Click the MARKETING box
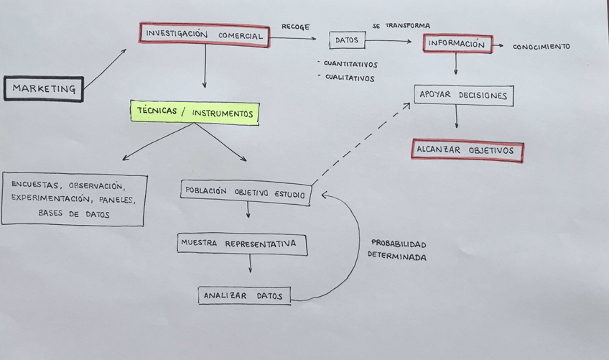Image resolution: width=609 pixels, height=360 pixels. (x=44, y=89)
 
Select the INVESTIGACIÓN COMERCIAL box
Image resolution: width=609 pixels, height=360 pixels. (x=204, y=34)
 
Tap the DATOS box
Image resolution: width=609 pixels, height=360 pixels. (x=347, y=41)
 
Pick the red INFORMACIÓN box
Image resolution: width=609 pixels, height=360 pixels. (x=457, y=44)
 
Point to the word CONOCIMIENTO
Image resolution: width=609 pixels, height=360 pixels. (x=541, y=47)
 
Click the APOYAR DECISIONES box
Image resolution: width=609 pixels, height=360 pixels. (x=464, y=96)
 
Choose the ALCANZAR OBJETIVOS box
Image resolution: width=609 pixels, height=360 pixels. (x=467, y=151)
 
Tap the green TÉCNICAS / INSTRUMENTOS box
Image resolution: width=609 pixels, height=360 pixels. (x=194, y=114)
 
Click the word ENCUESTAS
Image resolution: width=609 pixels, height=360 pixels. (x=34, y=185)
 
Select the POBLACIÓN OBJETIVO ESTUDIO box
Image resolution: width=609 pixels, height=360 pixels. (x=246, y=193)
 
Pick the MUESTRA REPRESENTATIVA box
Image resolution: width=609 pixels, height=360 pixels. (x=242, y=244)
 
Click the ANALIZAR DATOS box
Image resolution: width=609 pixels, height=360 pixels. (x=244, y=295)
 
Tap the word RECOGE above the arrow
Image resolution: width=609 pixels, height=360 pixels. (x=295, y=27)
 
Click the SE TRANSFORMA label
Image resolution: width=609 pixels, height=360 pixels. (x=401, y=26)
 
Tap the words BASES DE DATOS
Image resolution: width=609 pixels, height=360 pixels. (x=74, y=214)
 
